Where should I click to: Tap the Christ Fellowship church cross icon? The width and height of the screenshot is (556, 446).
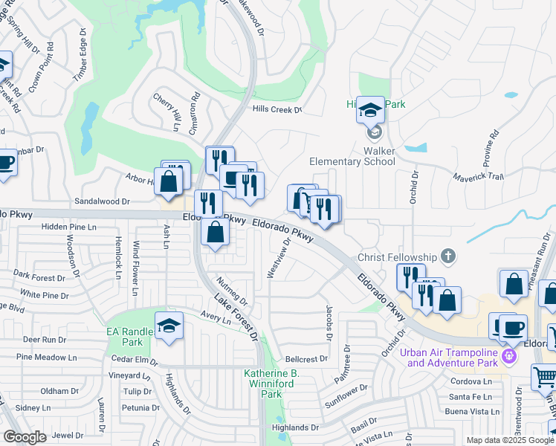[x=447, y=256]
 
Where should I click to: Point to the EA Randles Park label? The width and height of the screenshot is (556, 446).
[x=123, y=337]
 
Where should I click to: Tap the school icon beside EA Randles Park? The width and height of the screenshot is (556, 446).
[x=169, y=325]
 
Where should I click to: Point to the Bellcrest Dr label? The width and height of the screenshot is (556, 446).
[x=306, y=359]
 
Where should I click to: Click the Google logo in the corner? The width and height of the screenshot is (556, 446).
[x=25, y=437]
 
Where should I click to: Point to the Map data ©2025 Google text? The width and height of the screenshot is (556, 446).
[x=509, y=440]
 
